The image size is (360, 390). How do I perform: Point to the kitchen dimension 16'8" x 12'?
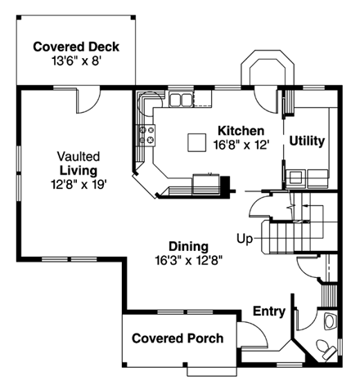241,145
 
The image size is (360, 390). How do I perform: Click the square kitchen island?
196,142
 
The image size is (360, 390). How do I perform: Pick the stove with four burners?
147,135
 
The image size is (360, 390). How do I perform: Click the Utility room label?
307,141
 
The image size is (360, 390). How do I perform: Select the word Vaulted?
78,155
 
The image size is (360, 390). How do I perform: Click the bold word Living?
78,170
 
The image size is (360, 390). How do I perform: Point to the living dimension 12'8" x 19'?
78,184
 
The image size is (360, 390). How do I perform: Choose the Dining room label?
188,246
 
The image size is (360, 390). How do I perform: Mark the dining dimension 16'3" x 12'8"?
188,260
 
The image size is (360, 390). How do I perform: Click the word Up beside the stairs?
245,240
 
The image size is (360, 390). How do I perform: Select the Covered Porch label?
177,338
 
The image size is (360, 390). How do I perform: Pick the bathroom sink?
329,321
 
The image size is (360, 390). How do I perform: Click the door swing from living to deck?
86,102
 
